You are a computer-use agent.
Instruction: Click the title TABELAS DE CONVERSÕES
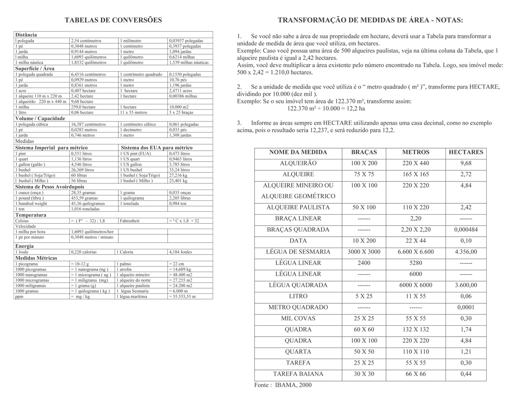[x=113, y=20]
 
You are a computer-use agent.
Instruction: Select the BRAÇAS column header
[x=364, y=152]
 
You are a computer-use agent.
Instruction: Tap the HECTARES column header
[x=466, y=152]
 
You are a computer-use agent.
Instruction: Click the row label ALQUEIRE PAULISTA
[x=298, y=207]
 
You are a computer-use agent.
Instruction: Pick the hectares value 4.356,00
[x=466, y=252]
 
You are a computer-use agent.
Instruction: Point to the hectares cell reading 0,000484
[x=466, y=230]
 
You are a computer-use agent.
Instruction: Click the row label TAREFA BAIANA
[x=298, y=374]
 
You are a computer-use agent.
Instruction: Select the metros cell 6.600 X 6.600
[x=416, y=252]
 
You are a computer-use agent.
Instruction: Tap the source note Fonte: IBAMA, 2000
[x=283, y=385]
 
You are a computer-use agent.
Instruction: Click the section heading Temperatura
[x=31, y=215]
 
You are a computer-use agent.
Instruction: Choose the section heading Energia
[x=24, y=246]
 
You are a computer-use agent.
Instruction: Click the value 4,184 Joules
[x=180, y=252]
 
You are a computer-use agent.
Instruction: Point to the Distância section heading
[x=26, y=35]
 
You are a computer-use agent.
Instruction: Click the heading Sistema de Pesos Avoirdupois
[x=50, y=187]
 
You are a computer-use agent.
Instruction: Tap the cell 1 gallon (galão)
[x=30, y=164]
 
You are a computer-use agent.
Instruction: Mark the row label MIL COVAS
[x=298, y=319]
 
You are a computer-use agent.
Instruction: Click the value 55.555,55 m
[x=182, y=297]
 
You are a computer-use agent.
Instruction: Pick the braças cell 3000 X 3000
[x=364, y=252]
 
